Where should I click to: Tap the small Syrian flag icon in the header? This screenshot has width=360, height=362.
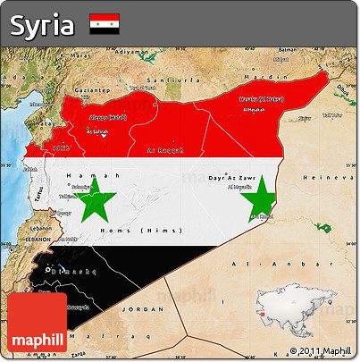point(104,25)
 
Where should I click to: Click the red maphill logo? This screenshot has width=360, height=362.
point(38,324)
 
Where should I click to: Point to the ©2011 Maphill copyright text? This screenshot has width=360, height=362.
point(319,351)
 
